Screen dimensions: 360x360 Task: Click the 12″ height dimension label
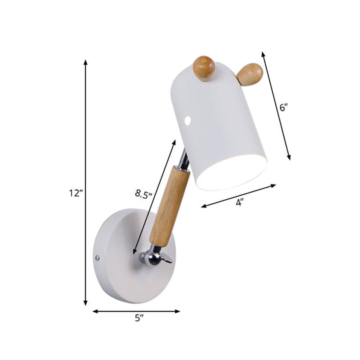75,194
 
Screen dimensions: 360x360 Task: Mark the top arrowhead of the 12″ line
85,61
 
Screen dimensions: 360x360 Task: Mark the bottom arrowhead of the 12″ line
85,304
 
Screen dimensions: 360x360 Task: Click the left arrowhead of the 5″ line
94,311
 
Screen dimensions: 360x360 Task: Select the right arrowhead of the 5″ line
179,311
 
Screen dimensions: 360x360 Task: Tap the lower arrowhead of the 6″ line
289,159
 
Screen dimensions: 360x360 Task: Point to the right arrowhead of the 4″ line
273,187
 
